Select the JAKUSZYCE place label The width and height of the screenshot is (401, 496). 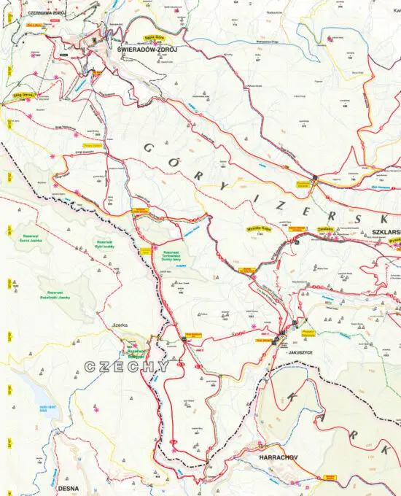click(301, 352)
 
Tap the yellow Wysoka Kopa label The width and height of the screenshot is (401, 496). click(259, 227)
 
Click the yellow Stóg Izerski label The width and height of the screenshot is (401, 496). click(23, 94)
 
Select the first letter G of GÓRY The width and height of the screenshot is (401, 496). click(148, 148)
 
